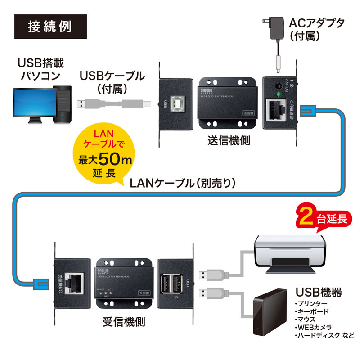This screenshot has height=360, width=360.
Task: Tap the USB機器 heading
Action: [x=317, y=292]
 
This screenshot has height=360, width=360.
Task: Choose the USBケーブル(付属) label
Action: [x=112, y=81]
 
